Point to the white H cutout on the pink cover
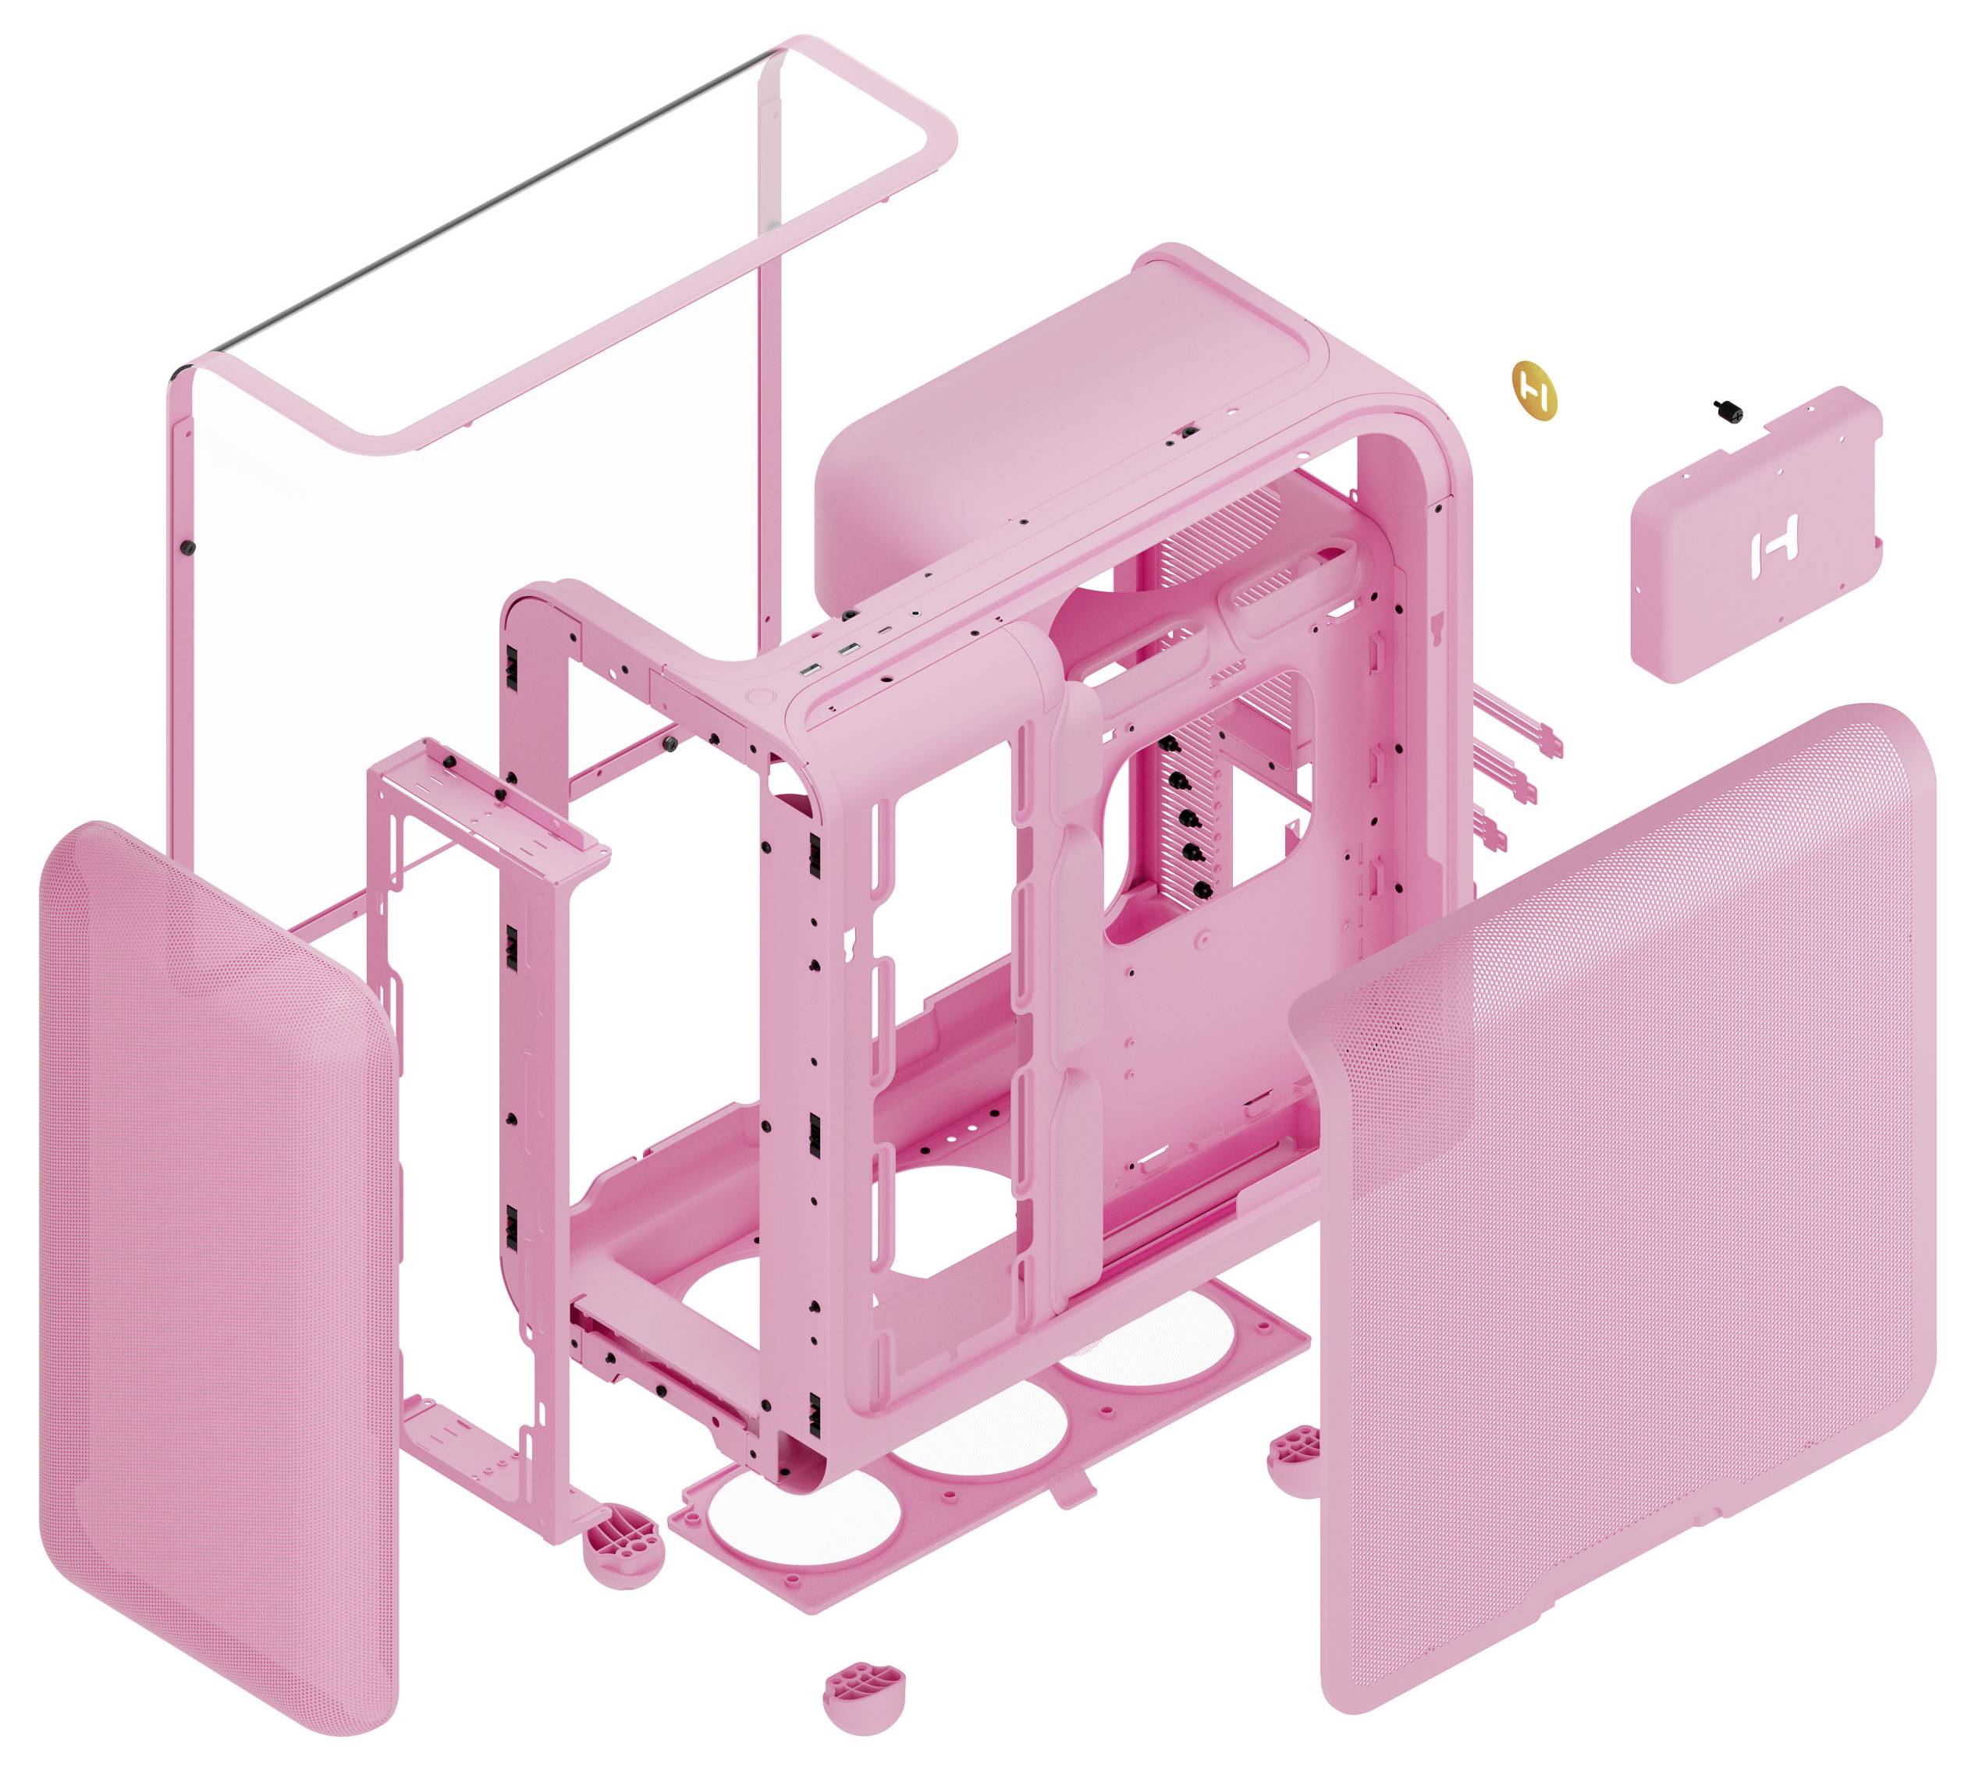point(1773,552)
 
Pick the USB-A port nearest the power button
point(810,670)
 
